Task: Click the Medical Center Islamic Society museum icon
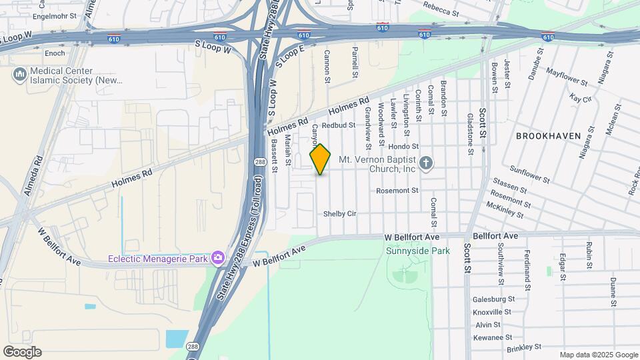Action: pos(19,72)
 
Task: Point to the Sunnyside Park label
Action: pos(418,251)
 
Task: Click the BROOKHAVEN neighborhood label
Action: pos(548,136)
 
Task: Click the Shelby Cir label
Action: pos(341,214)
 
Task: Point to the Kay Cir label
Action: pos(581,99)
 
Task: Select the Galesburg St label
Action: pos(494,299)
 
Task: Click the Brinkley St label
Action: pos(524,347)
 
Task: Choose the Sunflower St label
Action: pos(530,175)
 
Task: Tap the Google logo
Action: pos(22,352)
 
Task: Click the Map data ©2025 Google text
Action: pos(598,355)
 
